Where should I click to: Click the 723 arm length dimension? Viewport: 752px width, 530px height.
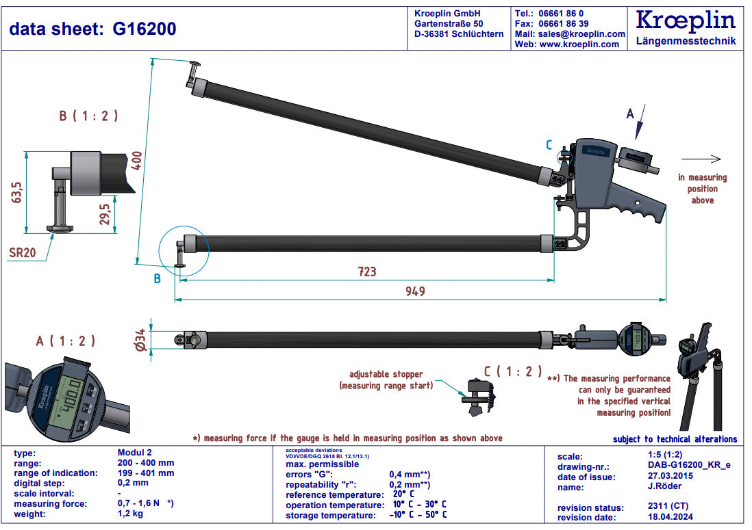(x=367, y=271)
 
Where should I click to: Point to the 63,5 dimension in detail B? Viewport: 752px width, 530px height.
(x=17, y=192)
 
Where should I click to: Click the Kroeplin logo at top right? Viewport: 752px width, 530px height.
(x=685, y=21)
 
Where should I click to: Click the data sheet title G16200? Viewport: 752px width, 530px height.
(x=92, y=29)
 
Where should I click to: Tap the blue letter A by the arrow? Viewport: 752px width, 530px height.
(x=631, y=114)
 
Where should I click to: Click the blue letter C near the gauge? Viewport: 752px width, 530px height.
(x=549, y=144)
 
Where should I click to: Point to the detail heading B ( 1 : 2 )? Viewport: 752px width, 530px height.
(x=88, y=116)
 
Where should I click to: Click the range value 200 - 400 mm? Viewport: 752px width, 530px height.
(x=146, y=463)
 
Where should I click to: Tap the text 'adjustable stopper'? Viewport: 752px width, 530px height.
(x=386, y=374)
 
